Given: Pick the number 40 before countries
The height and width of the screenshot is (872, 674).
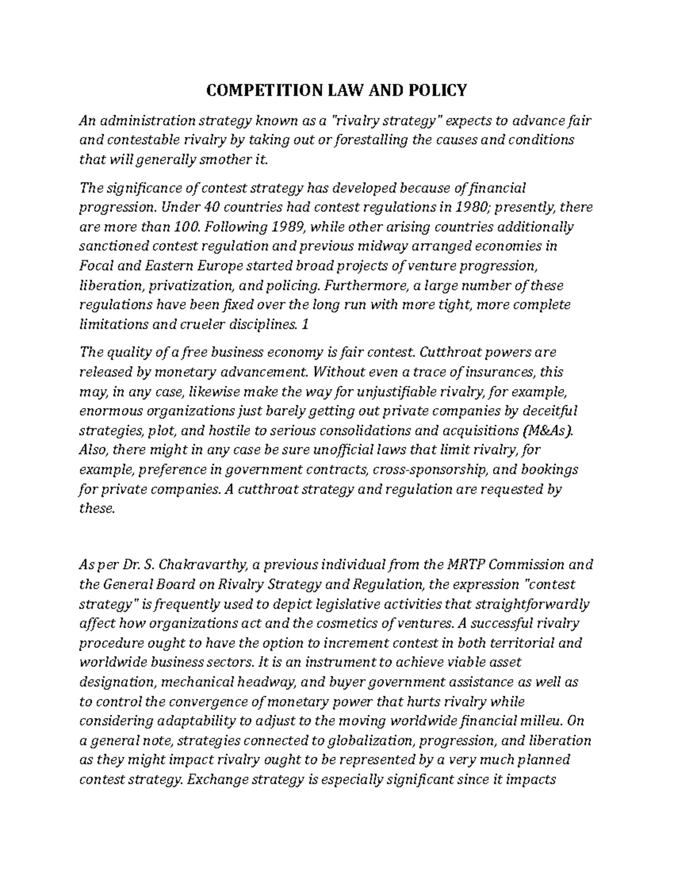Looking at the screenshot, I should point(210,207).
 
